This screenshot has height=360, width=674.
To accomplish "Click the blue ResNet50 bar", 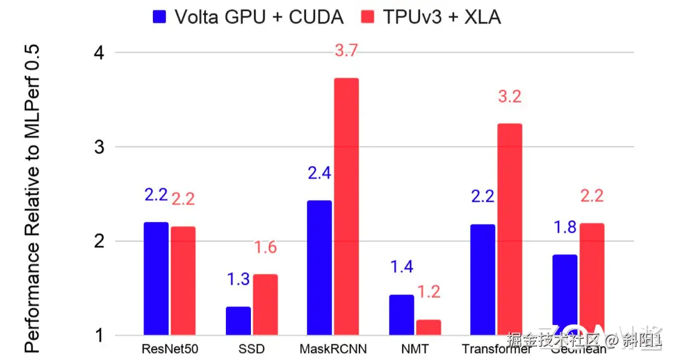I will [156, 278].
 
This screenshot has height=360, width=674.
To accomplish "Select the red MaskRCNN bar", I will [346, 207].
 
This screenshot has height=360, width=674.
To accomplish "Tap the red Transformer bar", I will [509, 229].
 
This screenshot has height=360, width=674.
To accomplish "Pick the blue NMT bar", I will [401, 314].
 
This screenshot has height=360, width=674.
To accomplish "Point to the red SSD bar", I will [265, 304].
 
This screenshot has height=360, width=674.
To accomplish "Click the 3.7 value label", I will [346, 51].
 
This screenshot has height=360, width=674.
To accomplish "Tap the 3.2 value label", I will [509, 97].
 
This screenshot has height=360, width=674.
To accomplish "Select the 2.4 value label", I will [319, 173].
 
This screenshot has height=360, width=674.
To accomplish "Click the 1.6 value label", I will [265, 248].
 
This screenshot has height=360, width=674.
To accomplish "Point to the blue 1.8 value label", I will [565, 227].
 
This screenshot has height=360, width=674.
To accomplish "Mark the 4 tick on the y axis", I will [98, 53].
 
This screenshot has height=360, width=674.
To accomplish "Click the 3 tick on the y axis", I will [98, 147].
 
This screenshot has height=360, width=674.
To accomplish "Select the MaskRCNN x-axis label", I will [333, 348].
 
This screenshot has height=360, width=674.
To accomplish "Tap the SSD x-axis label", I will [252, 348].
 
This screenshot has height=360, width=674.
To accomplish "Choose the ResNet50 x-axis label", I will [170, 348].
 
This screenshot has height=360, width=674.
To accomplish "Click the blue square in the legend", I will [160, 17].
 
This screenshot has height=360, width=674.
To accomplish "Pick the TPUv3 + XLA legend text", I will [442, 17].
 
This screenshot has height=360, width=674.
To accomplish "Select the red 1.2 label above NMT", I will [428, 291].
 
